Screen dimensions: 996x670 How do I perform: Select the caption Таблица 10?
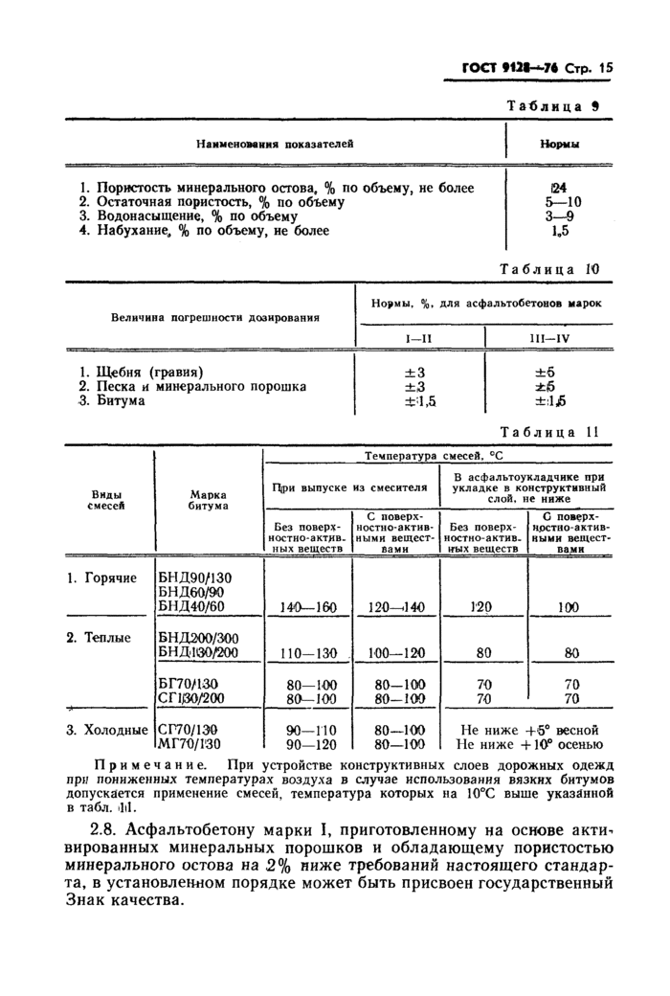548,269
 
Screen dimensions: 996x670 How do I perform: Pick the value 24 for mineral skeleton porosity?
559,189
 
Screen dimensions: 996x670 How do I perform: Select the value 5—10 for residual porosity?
561,202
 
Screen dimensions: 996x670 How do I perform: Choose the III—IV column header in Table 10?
549,338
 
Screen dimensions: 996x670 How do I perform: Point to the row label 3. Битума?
112,400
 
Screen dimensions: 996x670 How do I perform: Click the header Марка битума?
209,499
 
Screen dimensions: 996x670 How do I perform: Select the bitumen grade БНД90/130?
195,577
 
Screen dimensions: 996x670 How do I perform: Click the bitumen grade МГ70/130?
190,743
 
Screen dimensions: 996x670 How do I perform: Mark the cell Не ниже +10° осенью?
529,743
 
